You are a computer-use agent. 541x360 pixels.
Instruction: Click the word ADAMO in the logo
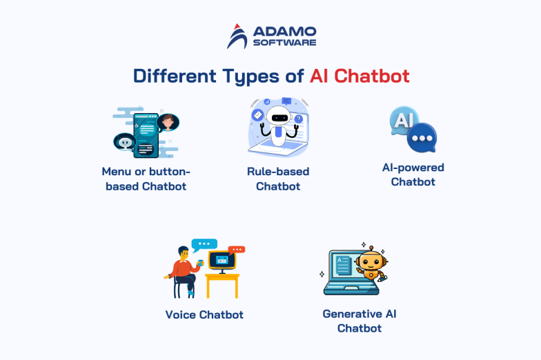(x=285, y=32)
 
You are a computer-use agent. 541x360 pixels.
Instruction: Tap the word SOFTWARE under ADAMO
(x=285, y=43)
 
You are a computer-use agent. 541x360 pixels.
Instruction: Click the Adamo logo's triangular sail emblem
(x=237, y=36)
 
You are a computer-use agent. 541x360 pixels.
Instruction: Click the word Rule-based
(x=278, y=171)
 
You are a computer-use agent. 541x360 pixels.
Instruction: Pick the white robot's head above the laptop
(x=277, y=117)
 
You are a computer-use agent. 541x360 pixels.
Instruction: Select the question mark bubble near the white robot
(x=298, y=119)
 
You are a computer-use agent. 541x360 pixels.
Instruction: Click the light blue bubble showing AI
(x=404, y=121)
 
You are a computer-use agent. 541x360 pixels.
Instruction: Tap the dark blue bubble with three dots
(x=420, y=138)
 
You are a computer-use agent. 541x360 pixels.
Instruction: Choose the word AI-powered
(x=413, y=167)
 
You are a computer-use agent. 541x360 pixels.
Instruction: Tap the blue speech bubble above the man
(x=204, y=243)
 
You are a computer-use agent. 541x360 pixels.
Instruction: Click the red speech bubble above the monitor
(x=237, y=249)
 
